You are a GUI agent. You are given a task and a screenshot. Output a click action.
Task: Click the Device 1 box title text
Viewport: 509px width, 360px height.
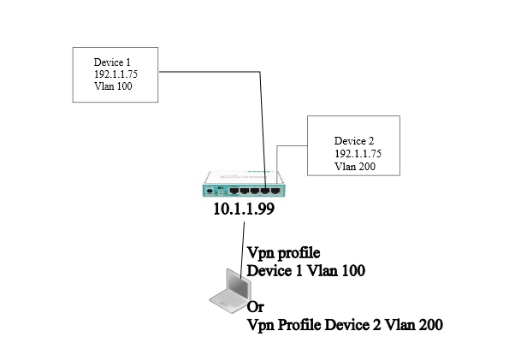tap(112, 62)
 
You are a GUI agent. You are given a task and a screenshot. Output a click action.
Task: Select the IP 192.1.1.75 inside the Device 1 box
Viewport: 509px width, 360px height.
tap(115, 74)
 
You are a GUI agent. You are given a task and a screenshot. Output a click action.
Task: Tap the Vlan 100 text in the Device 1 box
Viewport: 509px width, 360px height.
tap(113, 86)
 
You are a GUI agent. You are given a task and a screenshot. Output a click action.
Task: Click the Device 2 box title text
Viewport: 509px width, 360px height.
tap(354, 141)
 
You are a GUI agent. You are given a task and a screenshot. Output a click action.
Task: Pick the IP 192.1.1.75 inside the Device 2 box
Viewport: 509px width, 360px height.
tap(358, 154)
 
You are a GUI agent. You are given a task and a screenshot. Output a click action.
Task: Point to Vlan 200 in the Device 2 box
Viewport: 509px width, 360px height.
tap(355, 166)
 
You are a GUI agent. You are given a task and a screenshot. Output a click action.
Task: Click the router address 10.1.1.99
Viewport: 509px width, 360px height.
tap(244, 209)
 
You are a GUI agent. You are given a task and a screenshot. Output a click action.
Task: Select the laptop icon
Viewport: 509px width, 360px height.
tap(230, 291)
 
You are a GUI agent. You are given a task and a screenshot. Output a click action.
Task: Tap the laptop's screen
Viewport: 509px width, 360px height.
tap(239, 284)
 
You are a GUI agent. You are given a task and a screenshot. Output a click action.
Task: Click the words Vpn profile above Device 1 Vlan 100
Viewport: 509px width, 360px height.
tap(284, 253)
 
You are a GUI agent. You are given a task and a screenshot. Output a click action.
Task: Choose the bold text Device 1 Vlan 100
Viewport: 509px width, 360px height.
tap(306, 270)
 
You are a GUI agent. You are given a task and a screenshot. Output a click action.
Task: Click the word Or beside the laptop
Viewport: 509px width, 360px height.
tap(256, 307)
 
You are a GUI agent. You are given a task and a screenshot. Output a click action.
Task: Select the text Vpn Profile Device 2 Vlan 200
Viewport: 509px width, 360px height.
tap(345, 325)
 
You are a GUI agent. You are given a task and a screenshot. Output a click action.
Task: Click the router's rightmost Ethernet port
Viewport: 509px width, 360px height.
tap(275, 191)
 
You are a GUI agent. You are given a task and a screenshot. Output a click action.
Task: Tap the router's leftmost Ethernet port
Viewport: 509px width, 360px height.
tap(234, 191)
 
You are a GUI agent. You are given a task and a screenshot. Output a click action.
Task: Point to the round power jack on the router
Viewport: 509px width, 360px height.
tap(210, 190)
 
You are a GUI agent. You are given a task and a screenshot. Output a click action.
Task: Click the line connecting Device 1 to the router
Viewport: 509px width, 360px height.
tap(259, 72)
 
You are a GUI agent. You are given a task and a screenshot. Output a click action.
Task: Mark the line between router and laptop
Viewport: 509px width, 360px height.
tap(242, 250)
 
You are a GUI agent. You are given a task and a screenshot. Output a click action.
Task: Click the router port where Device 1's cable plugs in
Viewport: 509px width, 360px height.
tap(265, 191)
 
